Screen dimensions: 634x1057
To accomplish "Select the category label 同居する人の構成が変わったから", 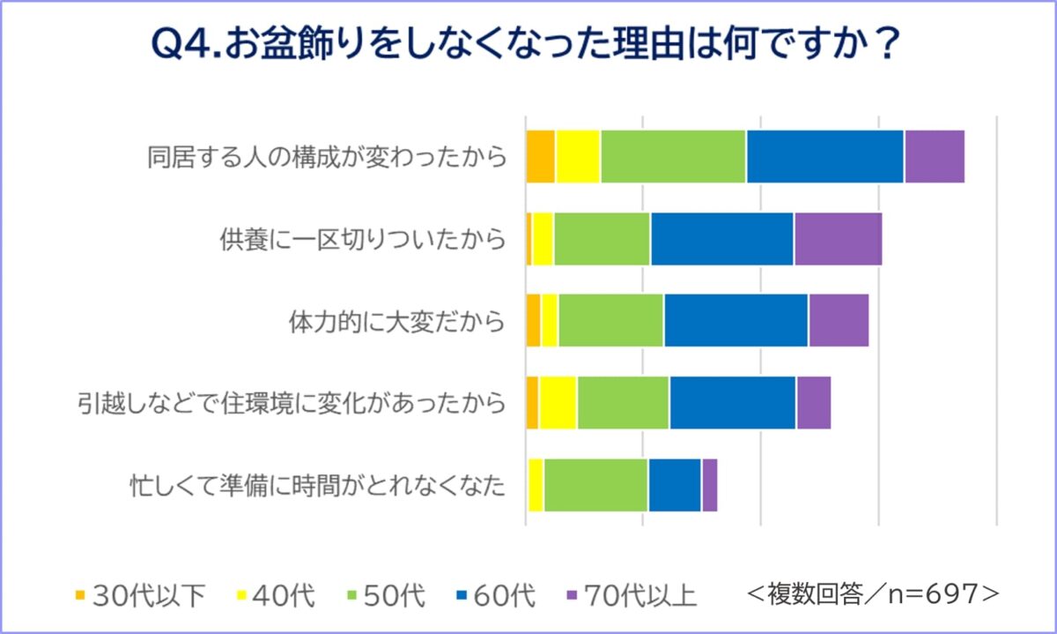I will [327, 157].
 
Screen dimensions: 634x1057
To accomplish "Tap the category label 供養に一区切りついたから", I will [363, 239].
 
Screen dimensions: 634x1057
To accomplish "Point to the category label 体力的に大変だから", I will [397, 321].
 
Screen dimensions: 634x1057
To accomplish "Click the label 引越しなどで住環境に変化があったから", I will [292, 403].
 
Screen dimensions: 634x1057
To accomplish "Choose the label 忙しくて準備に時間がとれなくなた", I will [318, 485].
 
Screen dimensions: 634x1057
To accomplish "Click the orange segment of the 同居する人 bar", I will [540, 157].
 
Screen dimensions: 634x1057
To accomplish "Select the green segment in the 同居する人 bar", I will [673, 157].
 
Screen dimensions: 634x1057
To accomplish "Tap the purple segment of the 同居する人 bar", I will [934, 157].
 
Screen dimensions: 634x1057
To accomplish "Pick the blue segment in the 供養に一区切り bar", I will [722, 239].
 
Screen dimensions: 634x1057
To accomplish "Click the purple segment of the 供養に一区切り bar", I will [838, 239].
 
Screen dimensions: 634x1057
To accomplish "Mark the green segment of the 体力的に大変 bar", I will [610, 321].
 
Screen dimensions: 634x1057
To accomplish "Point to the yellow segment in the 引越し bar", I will [558, 403].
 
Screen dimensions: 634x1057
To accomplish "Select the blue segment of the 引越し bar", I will [732, 403].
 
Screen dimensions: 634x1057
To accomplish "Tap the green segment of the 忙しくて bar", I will [595, 485].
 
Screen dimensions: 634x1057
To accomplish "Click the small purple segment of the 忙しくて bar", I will [709, 485].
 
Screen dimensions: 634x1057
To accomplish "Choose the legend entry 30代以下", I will [140, 596].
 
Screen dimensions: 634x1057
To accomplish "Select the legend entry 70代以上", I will [630, 596].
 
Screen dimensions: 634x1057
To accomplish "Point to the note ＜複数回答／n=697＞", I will [873, 593].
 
